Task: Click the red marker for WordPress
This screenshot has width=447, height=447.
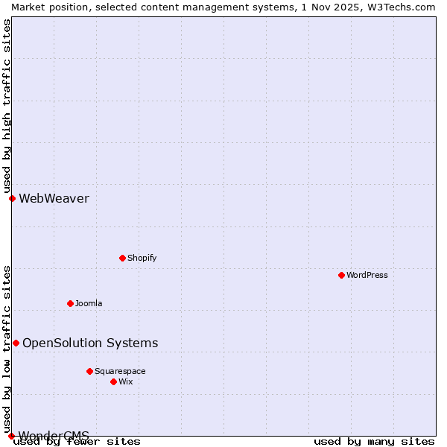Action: click(x=341, y=275)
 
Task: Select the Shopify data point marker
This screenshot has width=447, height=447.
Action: click(x=122, y=258)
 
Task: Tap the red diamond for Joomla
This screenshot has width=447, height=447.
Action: click(x=70, y=303)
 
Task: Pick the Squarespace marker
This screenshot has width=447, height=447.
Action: click(x=89, y=371)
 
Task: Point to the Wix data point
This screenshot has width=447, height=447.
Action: click(x=113, y=381)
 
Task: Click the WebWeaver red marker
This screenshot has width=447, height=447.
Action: click(x=12, y=198)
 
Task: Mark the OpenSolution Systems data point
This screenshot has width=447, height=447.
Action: click(x=16, y=343)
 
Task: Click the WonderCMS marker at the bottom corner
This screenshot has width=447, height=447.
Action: click(x=11, y=436)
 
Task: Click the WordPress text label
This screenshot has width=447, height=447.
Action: click(x=367, y=275)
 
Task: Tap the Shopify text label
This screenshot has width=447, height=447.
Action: click(x=142, y=258)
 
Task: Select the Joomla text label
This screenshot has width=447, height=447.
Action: click(x=89, y=303)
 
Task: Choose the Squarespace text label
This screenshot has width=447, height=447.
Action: click(x=120, y=371)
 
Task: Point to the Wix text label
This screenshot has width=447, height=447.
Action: click(x=125, y=381)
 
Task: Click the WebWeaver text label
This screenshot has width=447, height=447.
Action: click(x=54, y=198)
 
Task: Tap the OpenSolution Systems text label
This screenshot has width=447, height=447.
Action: click(x=90, y=343)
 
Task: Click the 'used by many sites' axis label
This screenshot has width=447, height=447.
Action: click(x=374, y=441)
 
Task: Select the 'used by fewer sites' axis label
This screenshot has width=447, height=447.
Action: click(x=77, y=441)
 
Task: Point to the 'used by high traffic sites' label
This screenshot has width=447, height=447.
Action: click(x=7, y=106)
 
